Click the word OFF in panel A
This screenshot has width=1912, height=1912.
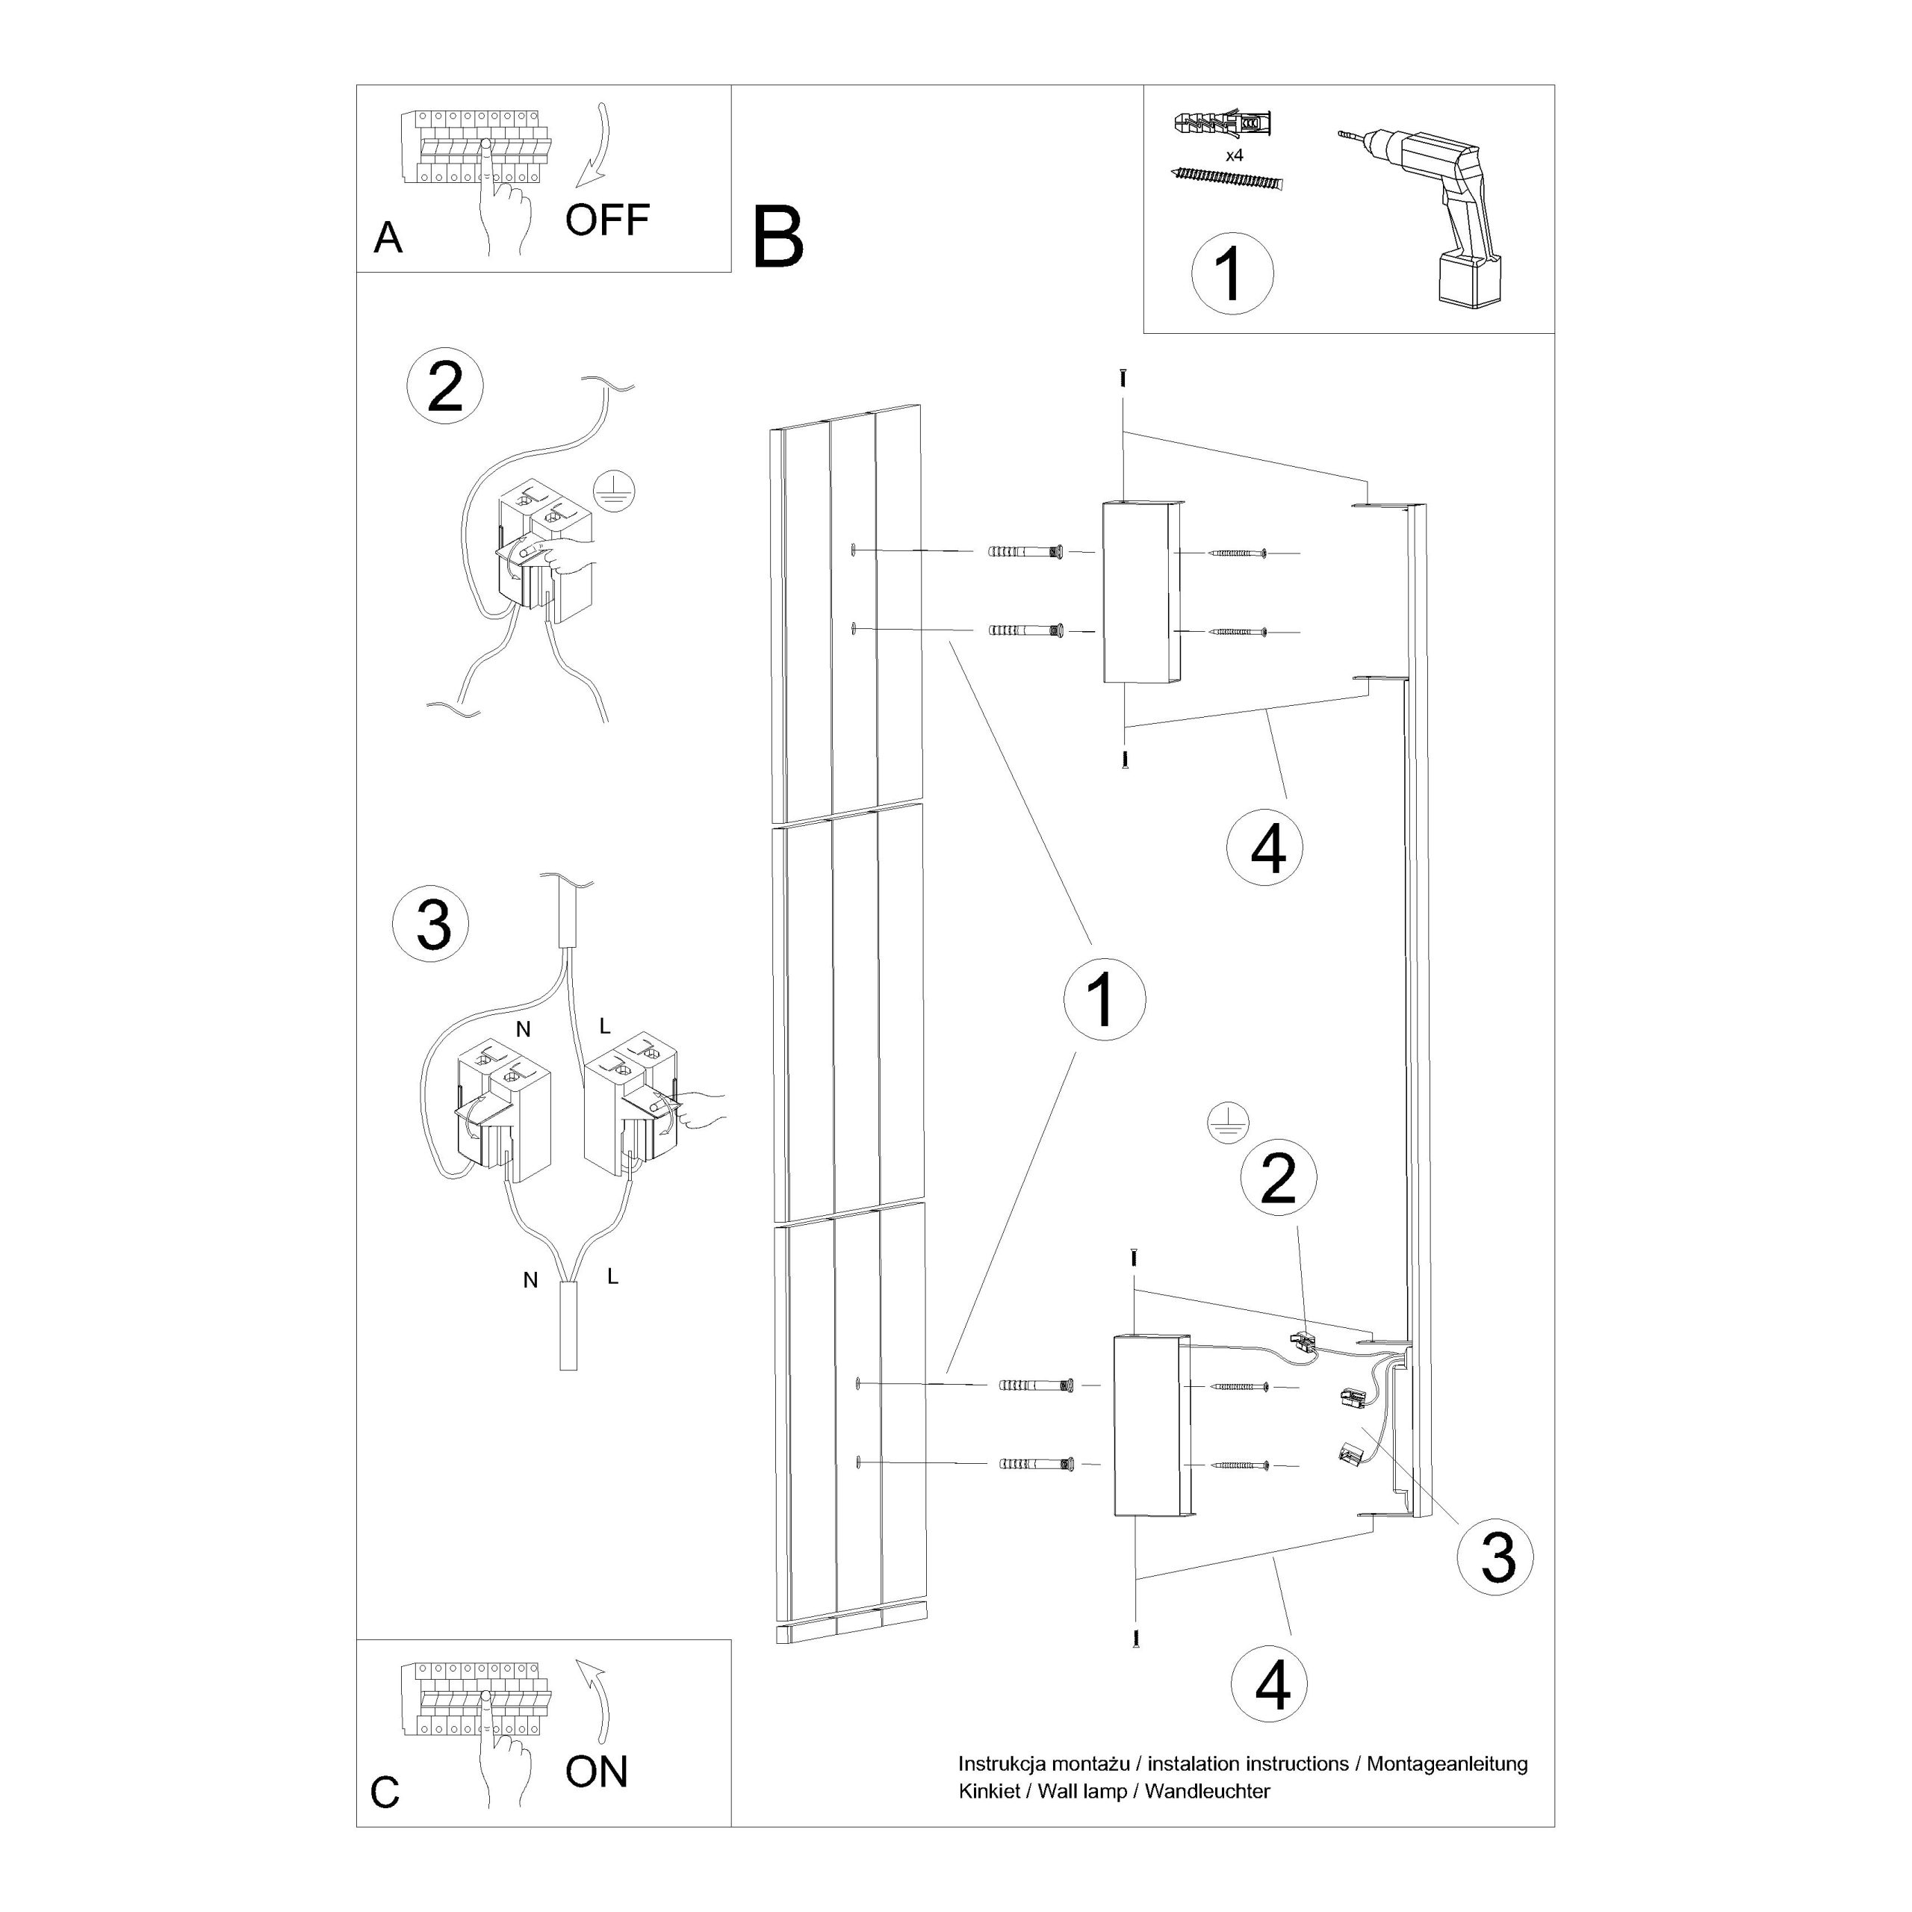click(606, 220)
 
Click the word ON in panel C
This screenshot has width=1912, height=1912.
click(597, 1772)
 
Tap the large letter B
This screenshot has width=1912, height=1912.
click(777, 238)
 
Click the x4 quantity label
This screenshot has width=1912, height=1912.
click(1234, 155)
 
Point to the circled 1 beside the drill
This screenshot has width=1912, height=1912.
click(1232, 274)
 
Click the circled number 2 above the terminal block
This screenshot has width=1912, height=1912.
click(445, 387)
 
